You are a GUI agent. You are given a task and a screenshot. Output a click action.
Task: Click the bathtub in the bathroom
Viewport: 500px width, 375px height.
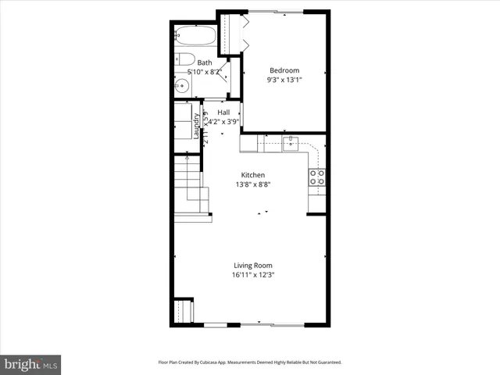click(x=195, y=36)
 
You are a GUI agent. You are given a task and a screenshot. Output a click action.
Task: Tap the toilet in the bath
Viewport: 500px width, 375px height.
click(x=184, y=59)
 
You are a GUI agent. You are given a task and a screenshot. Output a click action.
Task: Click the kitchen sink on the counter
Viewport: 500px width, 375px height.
click(x=290, y=143)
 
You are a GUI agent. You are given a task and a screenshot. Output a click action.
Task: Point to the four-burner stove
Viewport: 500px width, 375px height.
click(x=317, y=177)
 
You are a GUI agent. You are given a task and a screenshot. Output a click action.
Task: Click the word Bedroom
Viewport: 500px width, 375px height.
click(x=284, y=70)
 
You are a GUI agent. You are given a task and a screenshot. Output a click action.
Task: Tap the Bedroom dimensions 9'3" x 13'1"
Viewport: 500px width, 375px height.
click(x=284, y=79)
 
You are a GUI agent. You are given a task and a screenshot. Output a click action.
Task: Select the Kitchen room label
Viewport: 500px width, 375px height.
click(x=252, y=175)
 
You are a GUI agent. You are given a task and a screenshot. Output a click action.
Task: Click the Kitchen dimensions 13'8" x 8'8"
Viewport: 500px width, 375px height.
click(x=252, y=184)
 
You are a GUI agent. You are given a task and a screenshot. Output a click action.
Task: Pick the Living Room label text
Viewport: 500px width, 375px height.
click(x=252, y=266)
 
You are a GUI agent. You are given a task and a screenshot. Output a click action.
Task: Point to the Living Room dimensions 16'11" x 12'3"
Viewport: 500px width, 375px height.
click(x=252, y=275)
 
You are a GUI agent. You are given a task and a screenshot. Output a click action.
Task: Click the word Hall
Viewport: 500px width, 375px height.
click(x=223, y=112)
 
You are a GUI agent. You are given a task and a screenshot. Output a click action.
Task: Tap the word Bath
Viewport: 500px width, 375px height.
click(x=204, y=62)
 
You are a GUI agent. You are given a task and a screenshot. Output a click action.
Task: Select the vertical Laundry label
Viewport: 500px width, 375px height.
click(x=197, y=127)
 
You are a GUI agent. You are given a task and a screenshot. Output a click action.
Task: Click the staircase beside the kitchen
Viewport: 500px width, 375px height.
click(x=189, y=187)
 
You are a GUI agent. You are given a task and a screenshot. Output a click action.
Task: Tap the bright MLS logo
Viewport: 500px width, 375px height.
click(x=30, y=364)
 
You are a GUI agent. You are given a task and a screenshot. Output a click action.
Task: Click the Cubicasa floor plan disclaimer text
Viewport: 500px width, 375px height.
click(x=250, y=362)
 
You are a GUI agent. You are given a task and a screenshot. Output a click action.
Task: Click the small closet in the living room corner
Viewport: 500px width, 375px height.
click(x=184, y=311)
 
